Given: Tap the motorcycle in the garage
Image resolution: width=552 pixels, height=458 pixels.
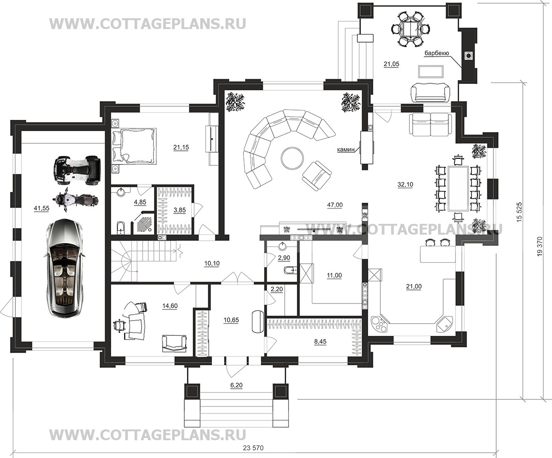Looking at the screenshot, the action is (x=76, y=201).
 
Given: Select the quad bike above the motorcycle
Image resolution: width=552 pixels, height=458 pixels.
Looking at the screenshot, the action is (x=77, y=170).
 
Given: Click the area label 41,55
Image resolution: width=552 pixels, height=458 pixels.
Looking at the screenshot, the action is (x=41, y=208).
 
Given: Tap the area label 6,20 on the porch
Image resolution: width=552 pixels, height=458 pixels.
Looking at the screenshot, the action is (x=236, y=385).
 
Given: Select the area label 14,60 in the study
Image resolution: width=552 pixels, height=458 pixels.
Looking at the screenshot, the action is (x=170, y=306).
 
